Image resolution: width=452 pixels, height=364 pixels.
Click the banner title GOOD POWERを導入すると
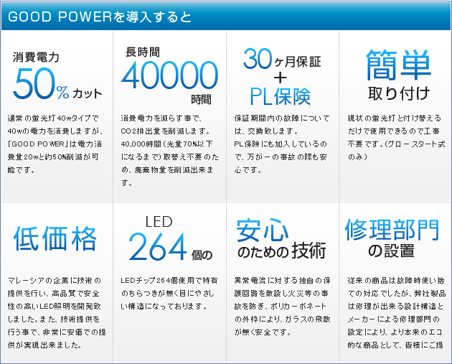coord(100,17)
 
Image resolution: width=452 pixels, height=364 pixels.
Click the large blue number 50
coord(34,84)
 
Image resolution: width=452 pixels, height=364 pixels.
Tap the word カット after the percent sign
coord(87,94)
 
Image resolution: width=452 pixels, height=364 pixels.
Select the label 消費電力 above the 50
coord(36,57)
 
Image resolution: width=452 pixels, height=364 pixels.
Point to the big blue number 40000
coord(169,75)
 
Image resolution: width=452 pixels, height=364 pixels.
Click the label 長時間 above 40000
coord(142,52)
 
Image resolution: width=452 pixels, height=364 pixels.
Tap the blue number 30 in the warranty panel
coord(258,59)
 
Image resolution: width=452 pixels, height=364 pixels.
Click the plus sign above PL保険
coord(281,78)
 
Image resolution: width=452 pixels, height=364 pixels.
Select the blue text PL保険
coord(281,96)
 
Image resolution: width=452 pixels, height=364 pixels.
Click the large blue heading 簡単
coord(398,65)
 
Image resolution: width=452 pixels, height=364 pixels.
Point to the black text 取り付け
coord(399,93)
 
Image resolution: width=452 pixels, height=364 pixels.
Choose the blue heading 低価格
coord(55,238)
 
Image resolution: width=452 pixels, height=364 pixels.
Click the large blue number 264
coord(158,246)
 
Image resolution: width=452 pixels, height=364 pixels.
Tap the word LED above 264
coord(159,222)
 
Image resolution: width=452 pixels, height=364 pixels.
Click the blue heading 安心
coord(263,230)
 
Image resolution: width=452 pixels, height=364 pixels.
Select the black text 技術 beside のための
coord(309,251)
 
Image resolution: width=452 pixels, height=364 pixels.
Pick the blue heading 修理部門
coord(392,229)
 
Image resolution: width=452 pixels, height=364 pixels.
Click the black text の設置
coord(391,251)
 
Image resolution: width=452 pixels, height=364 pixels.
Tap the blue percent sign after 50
coord(62,93)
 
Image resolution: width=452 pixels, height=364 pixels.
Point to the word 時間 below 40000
coord(201,100)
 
